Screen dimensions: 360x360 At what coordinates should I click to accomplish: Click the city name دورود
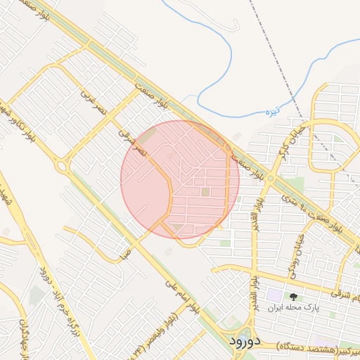click(x=245, y=341)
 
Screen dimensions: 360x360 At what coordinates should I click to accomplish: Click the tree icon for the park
click(x=293, y=296)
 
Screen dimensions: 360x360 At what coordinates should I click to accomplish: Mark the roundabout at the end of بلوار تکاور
click(x=61, y=167)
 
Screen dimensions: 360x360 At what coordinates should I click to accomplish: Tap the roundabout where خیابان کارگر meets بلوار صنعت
click(x=269, y=178)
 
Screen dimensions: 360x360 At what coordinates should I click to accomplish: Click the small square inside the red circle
click(x=205, y=191)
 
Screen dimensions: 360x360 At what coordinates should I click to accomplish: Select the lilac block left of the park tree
click(x=274, y=296)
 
